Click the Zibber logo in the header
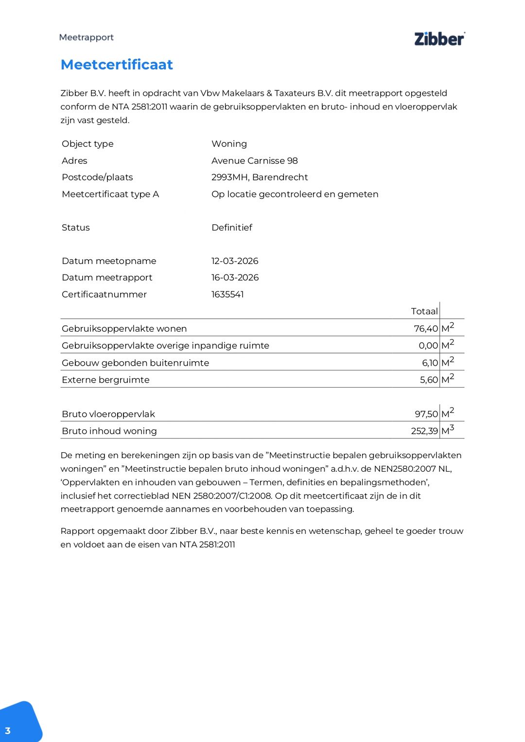[439, 39]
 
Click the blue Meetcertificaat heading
[117, 65]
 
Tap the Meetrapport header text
[86, 37]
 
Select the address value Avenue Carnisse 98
[254, 160]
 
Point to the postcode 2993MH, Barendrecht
[260, 177]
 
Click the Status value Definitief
[232, 228]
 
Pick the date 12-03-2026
[235, 261]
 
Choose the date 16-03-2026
[235, 277]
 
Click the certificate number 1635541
[227, 294]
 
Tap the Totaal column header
[424, 311]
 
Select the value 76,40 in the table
[426, 329]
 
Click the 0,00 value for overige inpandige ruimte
[428, 346]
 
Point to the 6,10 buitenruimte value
[430, 363]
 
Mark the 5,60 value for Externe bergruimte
[429, 380]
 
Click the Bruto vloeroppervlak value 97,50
[426, 414]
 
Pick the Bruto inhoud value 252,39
[424, 431]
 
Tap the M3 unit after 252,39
[448, 430]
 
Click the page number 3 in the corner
[8, 730]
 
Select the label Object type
[87, 144]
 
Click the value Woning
[229, 144]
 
